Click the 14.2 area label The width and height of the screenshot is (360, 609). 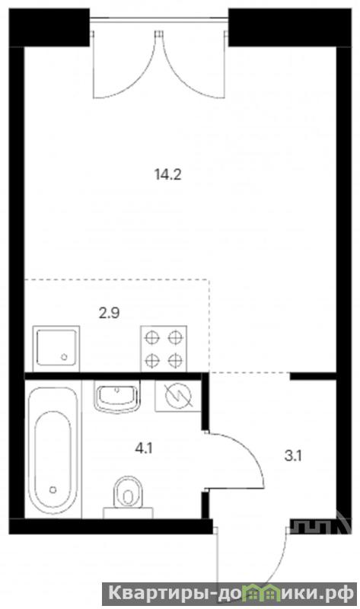click(167, 175)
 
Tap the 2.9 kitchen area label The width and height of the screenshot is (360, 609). click(109, 312)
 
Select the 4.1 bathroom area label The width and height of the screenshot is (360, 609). click(144, 449)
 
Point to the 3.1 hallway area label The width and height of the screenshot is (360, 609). click(293, 455)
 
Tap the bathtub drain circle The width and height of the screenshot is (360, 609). click(53, 489)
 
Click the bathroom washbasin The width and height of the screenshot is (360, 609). click(116, 396)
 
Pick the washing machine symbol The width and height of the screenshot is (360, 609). click(178, 396)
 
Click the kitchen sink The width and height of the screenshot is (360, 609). click(56, 348)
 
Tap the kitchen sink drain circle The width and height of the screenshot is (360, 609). click(65, 356)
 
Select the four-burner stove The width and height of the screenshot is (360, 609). click(164, 349)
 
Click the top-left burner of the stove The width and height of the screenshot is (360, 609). click(152, 337)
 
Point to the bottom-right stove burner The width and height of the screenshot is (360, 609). click(176, 361)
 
